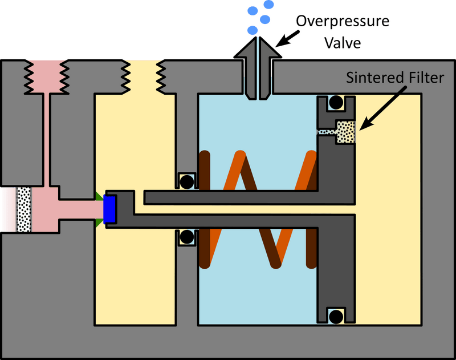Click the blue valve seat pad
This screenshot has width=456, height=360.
tap(109, 208)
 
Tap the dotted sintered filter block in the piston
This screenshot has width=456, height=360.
tap(345, 132)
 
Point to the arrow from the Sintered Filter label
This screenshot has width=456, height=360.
tap(378, 112)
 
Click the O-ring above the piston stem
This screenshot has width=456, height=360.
tap(186, 181)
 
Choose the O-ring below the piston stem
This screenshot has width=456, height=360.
tap(186, 236)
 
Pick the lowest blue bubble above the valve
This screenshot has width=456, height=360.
tap(251, 29)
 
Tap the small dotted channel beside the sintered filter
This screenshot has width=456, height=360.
tap(327, 132)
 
